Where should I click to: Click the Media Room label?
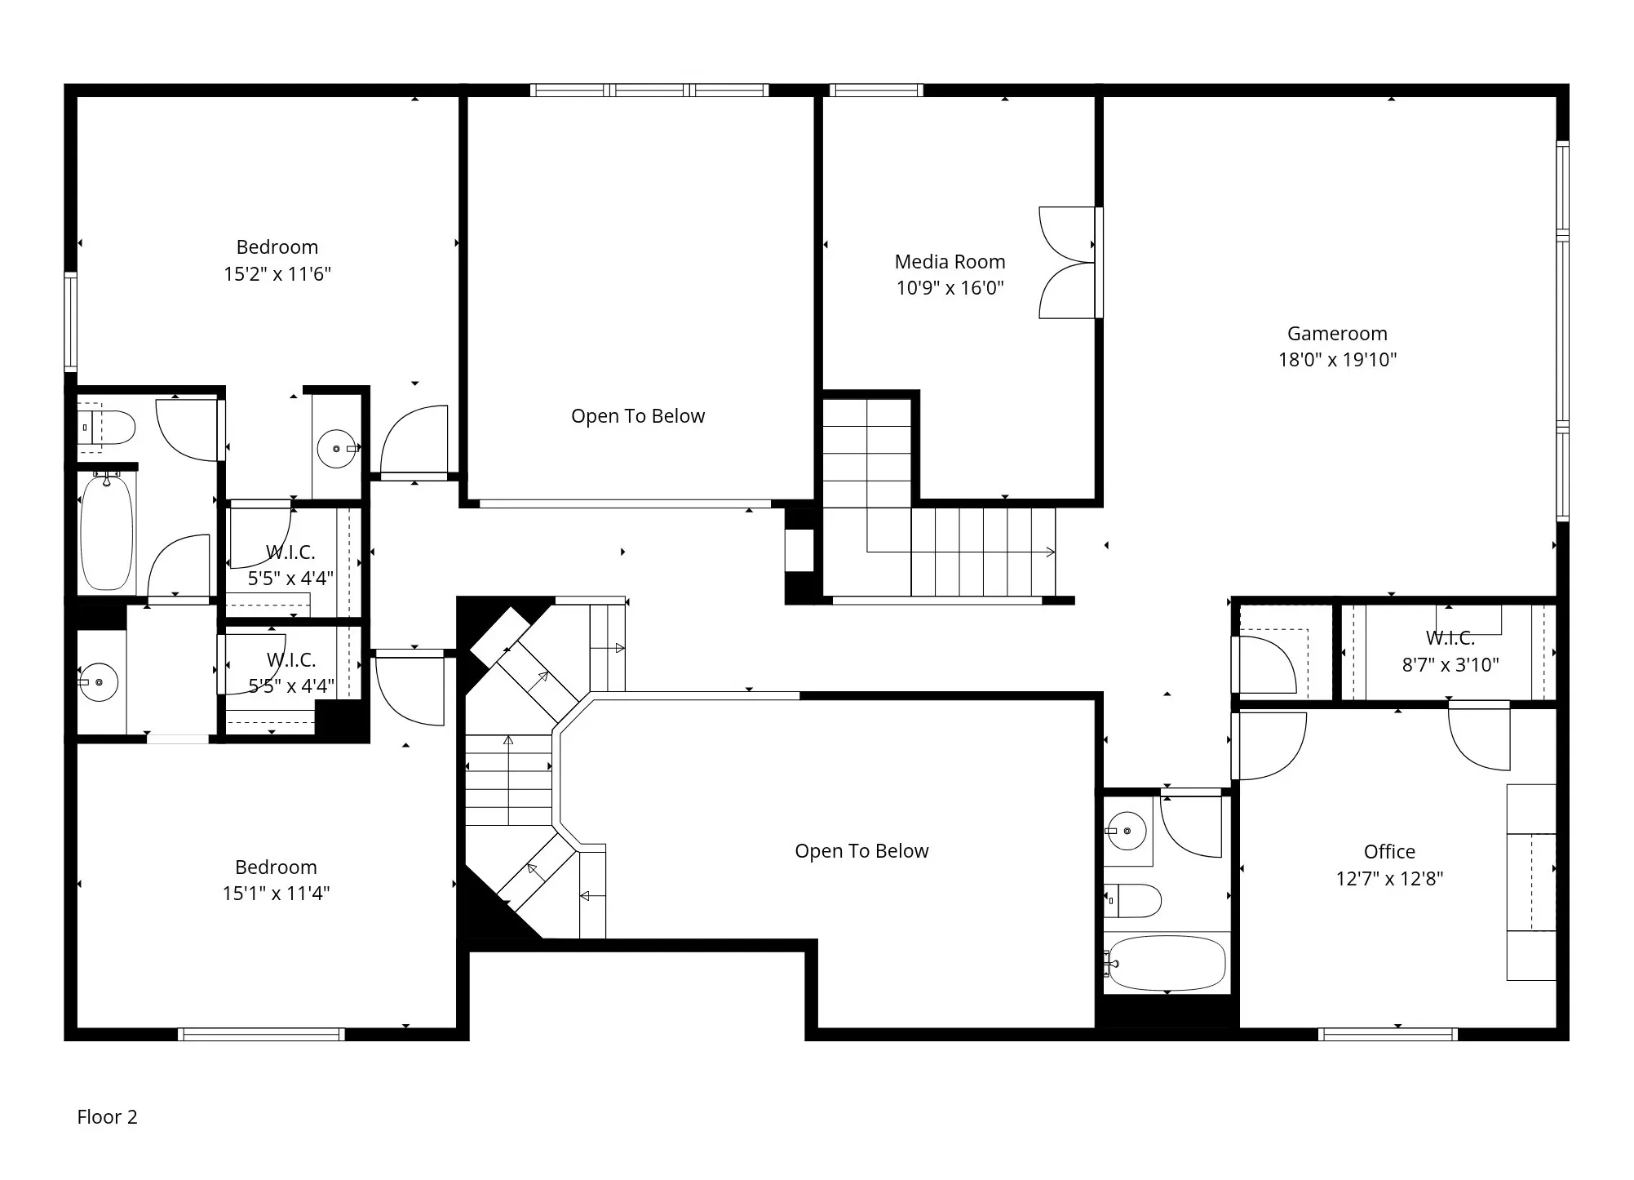tap(950, 262)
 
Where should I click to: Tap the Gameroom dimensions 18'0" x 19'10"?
tap(1337, 360)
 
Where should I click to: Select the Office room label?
tap(1389, 852)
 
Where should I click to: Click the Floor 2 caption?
tap(107, 1117)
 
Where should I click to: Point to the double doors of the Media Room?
tap(1067, 263)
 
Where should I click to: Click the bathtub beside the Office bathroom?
tap(1167, 964)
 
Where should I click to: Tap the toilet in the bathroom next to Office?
tap(1136, 901)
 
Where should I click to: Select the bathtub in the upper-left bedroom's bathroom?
tap(106, 532)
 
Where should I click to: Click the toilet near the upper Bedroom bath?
tap(110, 428)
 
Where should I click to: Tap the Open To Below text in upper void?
tap(638, 416)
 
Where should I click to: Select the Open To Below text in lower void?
tap(861, 851)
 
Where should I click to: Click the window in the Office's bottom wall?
tap(1388, 1034)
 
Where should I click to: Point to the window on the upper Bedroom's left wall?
tap(71, 322)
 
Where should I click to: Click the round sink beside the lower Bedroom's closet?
tap(100, 681)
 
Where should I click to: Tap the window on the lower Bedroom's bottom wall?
tap(261, 1034)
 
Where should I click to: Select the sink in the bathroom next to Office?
tap(1127, 831)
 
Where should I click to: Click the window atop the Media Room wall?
tap(876, 91)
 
